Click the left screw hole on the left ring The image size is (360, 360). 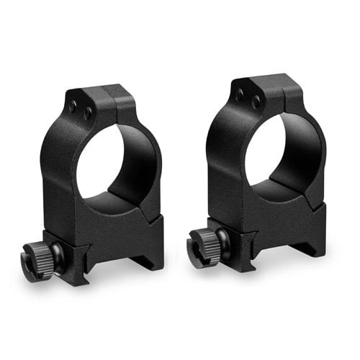[x=73, y=105]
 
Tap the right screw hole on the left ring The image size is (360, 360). [x=86, y=112]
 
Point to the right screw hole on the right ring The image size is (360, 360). [x=254, y=102]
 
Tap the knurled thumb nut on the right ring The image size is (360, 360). [x=205, y=241]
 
